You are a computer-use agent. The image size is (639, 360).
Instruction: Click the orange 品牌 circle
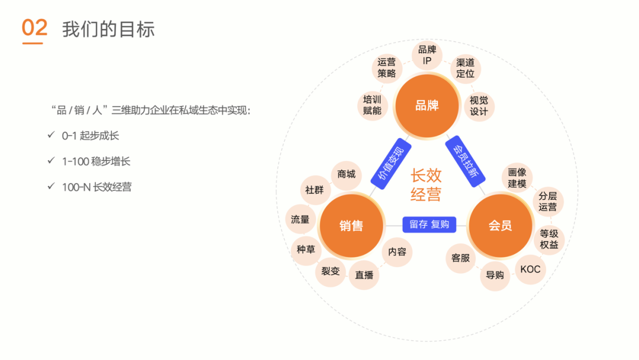pyautogui.click(x=427, y=106)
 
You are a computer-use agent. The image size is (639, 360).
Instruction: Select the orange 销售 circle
pyautogui.click(x=351, y=226)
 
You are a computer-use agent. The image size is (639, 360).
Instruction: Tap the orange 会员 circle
pyautogui.click(x=500, y=226)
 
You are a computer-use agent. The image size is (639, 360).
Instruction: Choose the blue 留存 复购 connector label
pyautogui.click(x=429, y=224)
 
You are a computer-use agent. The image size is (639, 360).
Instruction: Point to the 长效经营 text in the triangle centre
pyautogui.click(x=426, y=184)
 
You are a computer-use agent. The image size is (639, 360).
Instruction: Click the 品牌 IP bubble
pyautogui.click(x=427, y=56)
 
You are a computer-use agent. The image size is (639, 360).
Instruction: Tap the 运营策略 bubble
pyautogui.click(x=387, y=67)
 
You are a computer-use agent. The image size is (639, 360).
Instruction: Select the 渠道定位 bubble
pyautogui.click(x=465, y=68)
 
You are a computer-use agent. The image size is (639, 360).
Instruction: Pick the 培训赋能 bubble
pyautogui.click(x=372, y=105)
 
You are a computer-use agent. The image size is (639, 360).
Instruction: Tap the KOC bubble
pyautogui.click(x=530, y=269)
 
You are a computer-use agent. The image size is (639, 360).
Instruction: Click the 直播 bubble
pyautogui.click(x=364, y=275)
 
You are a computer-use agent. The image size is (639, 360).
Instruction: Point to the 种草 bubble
pyautogui.click(x=306, y=249)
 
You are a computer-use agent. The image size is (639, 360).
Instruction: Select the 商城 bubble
pyautogui.click(x=346, y=174)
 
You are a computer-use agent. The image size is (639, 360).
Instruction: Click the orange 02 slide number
pyautogui.click(x=34, y=28)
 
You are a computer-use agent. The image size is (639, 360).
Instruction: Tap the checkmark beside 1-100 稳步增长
pyautogui.click(x=51, y=161)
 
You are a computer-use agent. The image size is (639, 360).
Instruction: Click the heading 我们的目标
pyautogui.click(x=108, y=29)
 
